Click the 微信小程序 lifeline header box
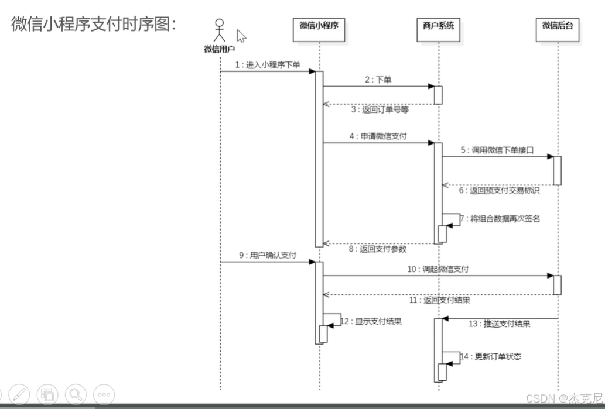point(319,29)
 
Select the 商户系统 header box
point(438,29)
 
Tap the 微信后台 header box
point(557,29)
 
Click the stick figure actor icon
point(219,31)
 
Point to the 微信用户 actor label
point(219,50)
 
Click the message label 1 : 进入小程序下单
point(268,65)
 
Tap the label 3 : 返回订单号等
point(380,109)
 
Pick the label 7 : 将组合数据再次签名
point(499,219)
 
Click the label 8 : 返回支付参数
point(378,249)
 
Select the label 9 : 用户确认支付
point(268,256)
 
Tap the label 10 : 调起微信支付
point(438,269)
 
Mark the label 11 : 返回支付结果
point(439,300)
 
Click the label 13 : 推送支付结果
point(499,324)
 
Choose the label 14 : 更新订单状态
point(491,356)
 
